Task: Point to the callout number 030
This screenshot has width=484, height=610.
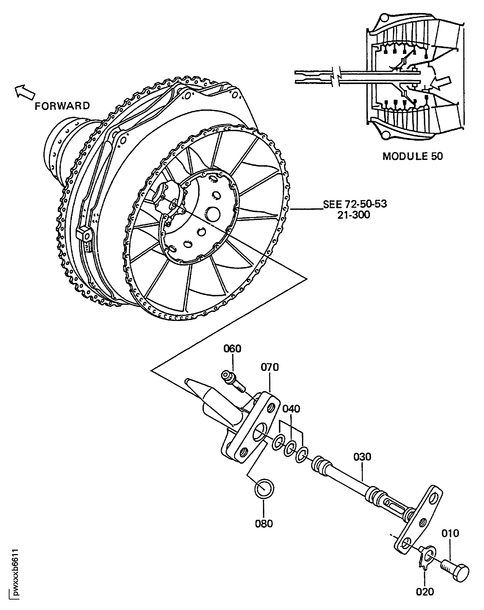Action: point(362,457)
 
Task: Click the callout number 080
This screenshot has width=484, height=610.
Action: point(264,524)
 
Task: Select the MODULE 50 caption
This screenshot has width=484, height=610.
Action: point(413,156)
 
